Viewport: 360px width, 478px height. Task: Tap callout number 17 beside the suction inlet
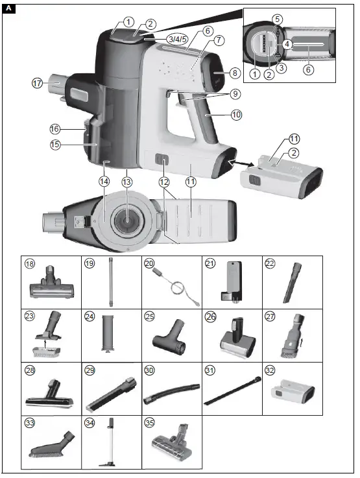tap(38, 83)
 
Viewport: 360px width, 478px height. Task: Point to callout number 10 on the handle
tap(236, 114)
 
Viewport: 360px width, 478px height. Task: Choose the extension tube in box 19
tap(110, 281)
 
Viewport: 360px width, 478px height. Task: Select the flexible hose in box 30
tap(170, 391)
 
